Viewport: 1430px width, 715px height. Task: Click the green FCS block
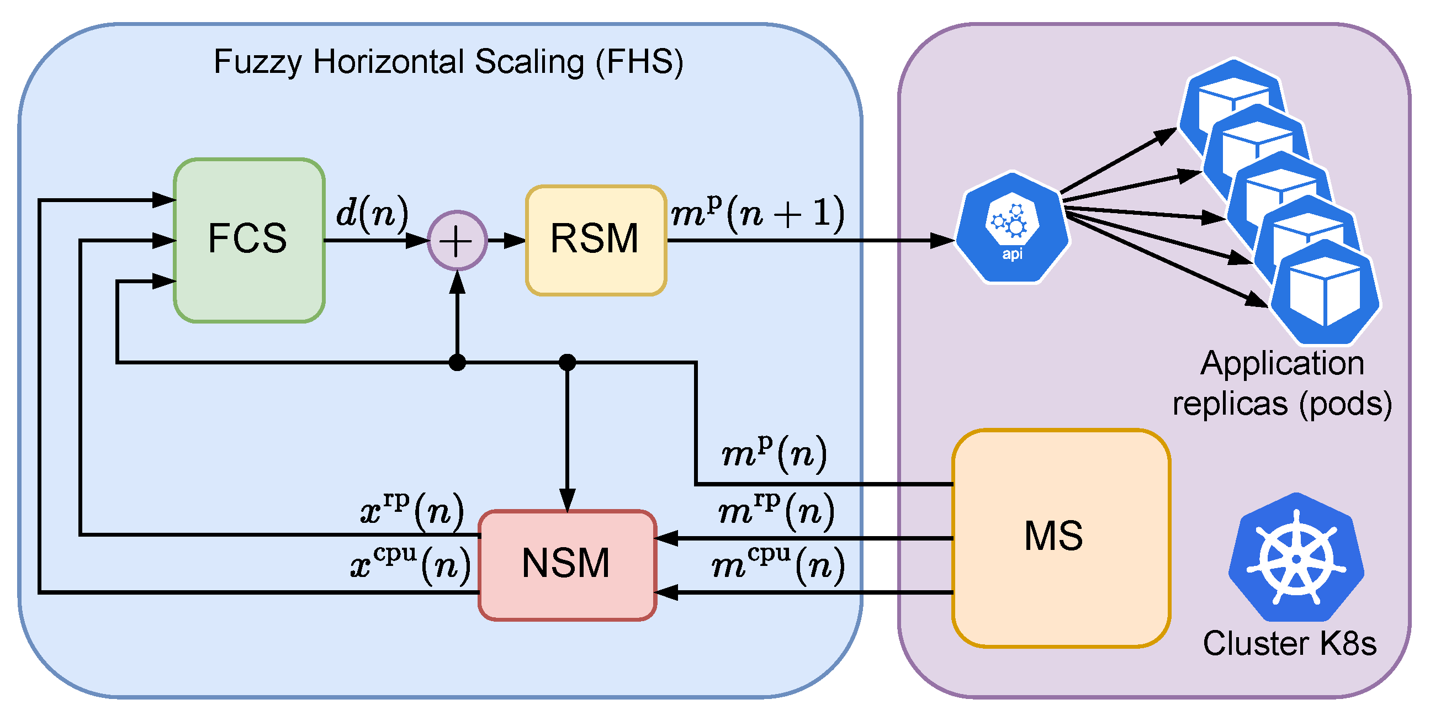pos(249,240)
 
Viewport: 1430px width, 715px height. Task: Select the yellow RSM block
pos(596,240)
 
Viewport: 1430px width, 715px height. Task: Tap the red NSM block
pos(568,565)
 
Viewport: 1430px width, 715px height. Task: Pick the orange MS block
pos(1061,538)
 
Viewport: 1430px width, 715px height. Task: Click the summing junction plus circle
pos(457,240)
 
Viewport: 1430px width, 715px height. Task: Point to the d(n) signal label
pos(373,213)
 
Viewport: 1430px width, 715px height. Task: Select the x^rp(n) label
pos(412,510)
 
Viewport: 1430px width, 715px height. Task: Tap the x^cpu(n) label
pos(411,564)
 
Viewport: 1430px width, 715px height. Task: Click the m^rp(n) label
pos(776,510)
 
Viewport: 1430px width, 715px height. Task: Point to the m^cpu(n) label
pos(778,564)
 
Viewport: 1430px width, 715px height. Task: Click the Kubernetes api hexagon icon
pos(1012,227)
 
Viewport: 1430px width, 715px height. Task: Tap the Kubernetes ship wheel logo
pos(1296,557)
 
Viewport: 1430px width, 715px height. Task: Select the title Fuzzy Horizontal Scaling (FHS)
pos(448,62)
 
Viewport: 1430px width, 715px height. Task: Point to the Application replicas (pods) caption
pos(1283,383)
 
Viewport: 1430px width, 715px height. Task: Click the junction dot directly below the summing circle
pos(457,363)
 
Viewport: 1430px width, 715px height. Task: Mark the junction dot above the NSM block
pos(567,363)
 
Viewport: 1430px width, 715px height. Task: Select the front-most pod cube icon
pos(1325,293)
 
